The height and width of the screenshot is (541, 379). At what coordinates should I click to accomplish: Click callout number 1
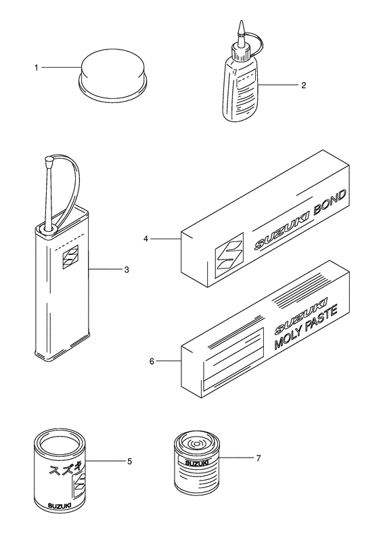pos(36,68)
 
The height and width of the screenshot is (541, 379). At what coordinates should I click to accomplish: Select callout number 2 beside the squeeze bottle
pos(303,85)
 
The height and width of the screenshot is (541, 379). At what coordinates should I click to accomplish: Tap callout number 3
pos(127,269)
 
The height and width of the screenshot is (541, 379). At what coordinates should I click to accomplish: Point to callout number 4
pos(146,239)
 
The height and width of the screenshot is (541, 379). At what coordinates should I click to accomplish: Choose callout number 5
pos(129,461)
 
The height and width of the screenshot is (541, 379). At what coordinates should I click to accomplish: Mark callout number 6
pos(152,361)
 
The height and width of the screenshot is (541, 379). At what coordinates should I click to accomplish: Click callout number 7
pos(259,458)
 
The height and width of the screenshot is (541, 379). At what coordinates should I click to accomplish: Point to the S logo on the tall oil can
pos(71,256)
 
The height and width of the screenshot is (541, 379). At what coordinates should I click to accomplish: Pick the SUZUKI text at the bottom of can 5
pos(60,506)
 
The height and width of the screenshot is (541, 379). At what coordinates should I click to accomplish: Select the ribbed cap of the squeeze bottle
pos(241,52)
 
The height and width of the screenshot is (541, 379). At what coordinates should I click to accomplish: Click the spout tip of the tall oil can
pos(48,160)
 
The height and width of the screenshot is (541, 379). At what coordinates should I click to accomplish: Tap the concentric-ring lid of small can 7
pos(196,443)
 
